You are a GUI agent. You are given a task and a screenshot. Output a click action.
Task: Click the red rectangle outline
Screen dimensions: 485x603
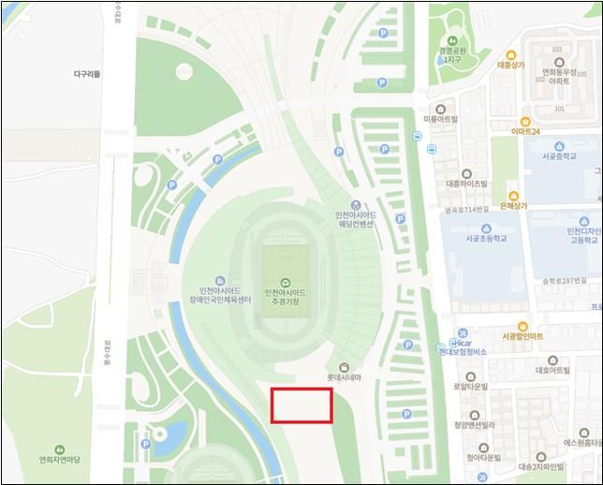tap(301, 404)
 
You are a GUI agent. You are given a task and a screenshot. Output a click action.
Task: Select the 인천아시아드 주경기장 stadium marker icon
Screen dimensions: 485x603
tap(284, 282)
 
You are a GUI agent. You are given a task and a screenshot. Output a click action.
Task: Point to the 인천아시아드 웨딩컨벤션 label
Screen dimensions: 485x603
tap(355, 219)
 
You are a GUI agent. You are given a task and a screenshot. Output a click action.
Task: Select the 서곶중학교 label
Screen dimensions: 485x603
tap(559, 156)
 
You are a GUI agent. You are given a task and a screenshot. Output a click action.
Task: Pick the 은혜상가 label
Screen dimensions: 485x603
tap(514, 205)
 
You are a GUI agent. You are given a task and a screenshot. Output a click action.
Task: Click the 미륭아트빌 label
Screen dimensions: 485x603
tap(440, 120)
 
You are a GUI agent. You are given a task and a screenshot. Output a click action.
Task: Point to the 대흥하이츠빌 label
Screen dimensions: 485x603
tap(467, 184)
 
